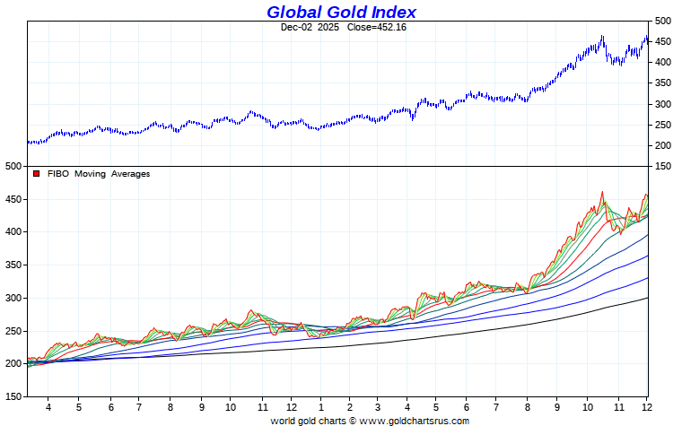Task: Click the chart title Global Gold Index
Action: (341, 12)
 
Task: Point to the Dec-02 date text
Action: (295, 27)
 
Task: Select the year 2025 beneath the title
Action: (328, 27)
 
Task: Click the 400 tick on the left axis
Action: (13, 231)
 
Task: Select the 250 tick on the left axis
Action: (13, 330)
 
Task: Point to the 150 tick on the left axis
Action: (13, 396)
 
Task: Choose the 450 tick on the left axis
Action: (13, 199)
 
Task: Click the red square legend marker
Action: (37, 174)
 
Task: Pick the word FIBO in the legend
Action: (57, 174)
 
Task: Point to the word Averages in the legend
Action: (131, 174)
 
